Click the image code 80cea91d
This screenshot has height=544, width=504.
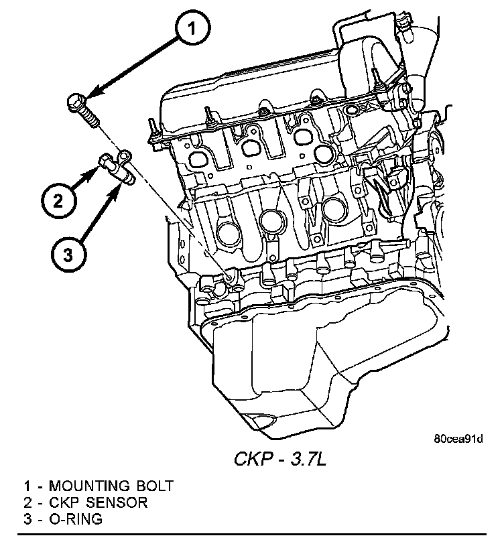458,439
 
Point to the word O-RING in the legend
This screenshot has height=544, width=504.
76,519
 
